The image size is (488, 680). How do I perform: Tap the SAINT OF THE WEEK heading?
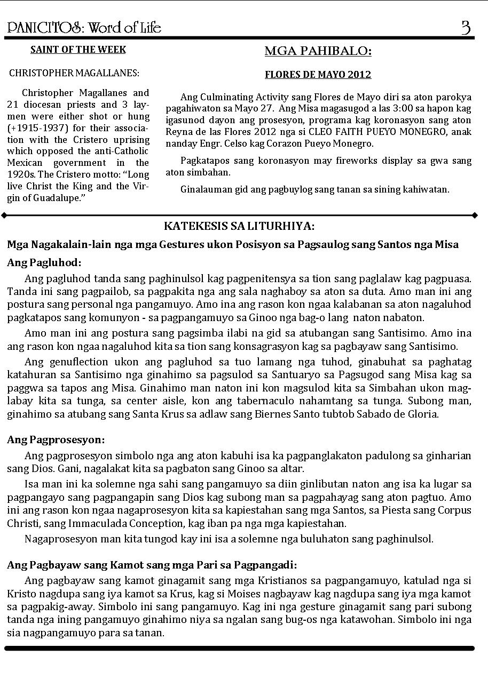(78, 50)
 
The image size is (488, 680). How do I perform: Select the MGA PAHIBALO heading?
(318, 51)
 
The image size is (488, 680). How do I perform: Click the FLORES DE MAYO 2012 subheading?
(318, 75)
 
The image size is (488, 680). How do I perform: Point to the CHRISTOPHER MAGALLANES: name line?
(74, 73)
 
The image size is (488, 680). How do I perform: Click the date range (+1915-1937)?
(35, 128)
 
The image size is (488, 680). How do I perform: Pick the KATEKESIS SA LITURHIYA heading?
(239, 226)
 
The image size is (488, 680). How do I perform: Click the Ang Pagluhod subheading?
(44, 262)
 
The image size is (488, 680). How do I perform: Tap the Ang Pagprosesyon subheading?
(56, 440)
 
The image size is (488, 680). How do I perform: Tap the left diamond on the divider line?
(4, 215)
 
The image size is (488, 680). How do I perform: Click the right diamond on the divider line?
(475, 215)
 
